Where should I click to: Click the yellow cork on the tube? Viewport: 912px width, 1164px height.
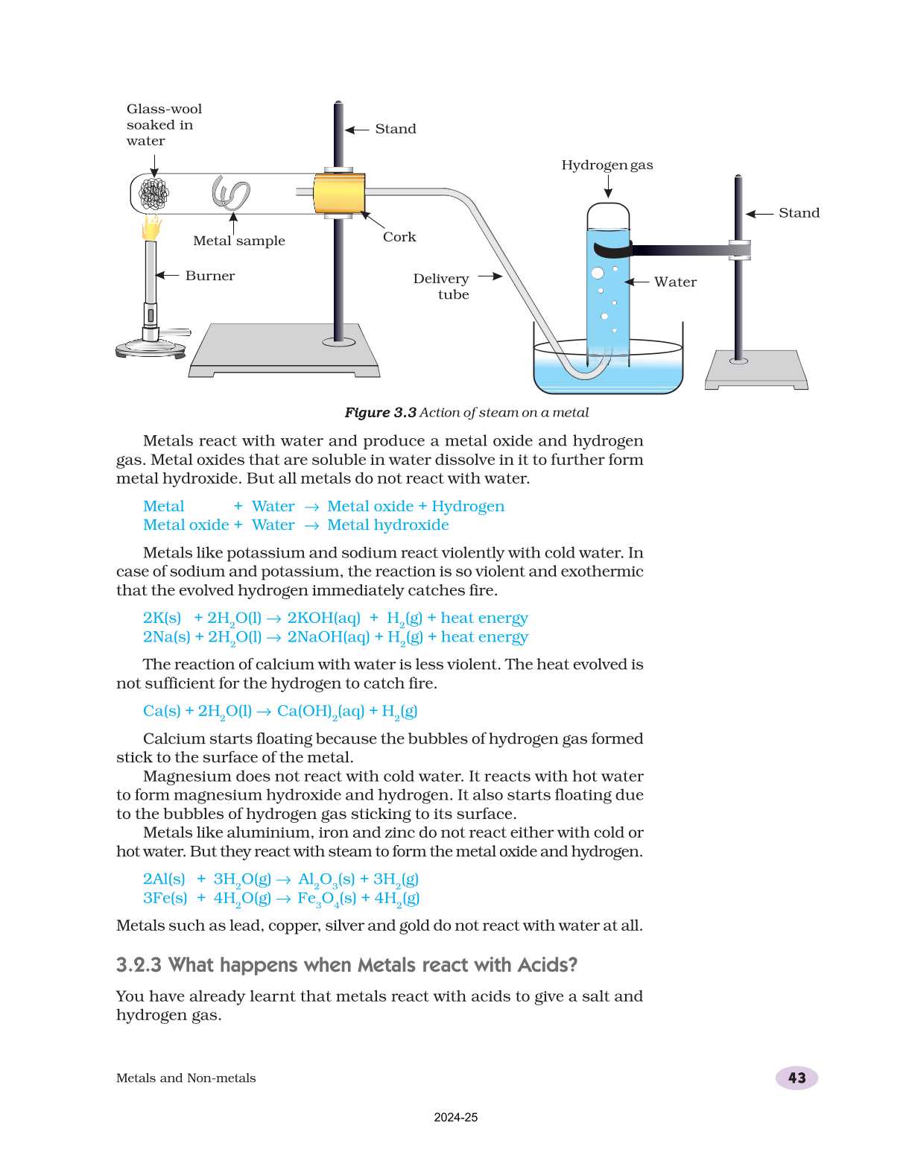point(339,194)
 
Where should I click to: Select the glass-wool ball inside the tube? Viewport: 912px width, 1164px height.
point(154,194)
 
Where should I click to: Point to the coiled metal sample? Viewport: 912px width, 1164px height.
point(231,194)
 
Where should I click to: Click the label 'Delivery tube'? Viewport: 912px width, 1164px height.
point(441,286)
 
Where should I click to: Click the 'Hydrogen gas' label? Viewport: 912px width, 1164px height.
point(607,165)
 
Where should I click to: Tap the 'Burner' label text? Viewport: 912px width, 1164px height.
point(209,276)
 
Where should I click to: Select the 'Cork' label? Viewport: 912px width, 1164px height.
point(399,237)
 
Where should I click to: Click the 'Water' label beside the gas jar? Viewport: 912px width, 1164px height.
point(675,282)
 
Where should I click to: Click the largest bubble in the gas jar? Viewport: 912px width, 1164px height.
point(598,273)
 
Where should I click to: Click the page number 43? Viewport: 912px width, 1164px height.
point(797,1078)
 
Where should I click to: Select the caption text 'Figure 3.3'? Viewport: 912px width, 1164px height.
point(380,413)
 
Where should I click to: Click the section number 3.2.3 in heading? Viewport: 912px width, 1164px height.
point(139,965)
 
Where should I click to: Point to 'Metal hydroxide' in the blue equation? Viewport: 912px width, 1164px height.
point(387,525)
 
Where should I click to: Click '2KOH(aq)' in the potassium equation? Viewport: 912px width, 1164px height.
point(323,618)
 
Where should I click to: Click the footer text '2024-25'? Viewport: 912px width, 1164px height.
point(455,1117)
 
